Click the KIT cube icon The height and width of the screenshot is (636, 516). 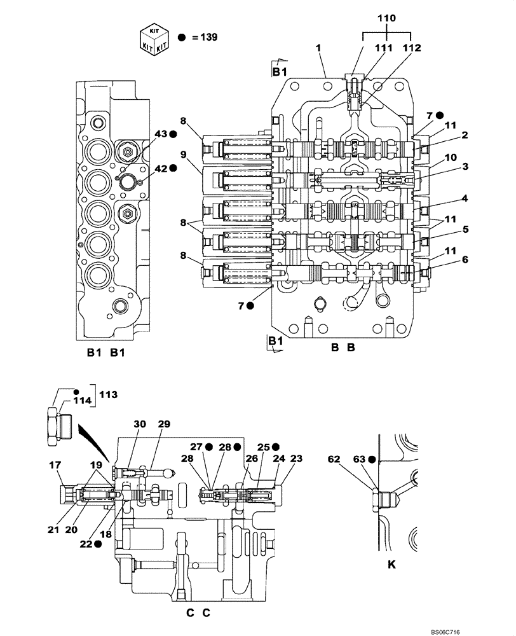(154, 37)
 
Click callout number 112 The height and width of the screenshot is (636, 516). (412, 48)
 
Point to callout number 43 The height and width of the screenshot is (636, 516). (160, 134)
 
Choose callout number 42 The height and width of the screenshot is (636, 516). (160, 169)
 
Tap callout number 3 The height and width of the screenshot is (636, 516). (465, 167)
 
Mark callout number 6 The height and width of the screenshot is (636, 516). (465, 259)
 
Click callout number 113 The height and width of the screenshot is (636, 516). (108, 394)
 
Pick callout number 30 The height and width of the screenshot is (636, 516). (140, 424)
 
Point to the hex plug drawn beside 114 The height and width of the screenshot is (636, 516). (57, 425)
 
